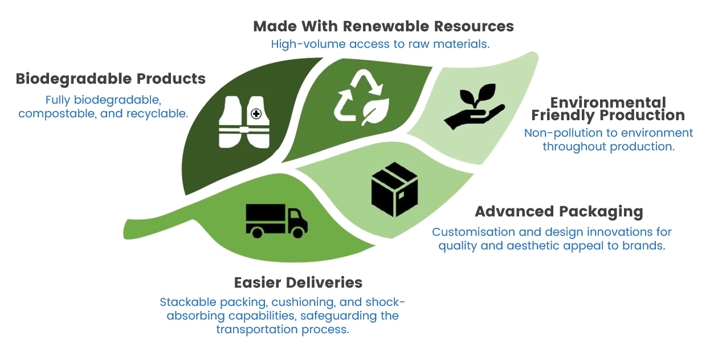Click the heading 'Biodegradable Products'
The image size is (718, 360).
click(x=111, y=79)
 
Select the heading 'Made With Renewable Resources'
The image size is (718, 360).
click(x=384, y=26)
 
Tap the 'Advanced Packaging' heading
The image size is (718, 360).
click(x=559, y=212)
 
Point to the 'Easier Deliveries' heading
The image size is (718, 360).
click(x=298, y=283)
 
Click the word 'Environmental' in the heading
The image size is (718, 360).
click(x=608, y=103)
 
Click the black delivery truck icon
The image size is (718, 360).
click(x=276, y=221)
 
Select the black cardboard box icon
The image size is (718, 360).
click(x=394, y=189)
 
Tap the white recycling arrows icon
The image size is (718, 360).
click(x=361, y=97)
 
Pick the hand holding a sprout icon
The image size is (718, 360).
click(x=474, y=107)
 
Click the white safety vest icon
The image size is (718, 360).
click(x=244, y=122)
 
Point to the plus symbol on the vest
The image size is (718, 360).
click(x=256, y=114)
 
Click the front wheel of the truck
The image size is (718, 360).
click(x=298, y=232)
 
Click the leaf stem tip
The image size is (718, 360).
click(x=125, y=230)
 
